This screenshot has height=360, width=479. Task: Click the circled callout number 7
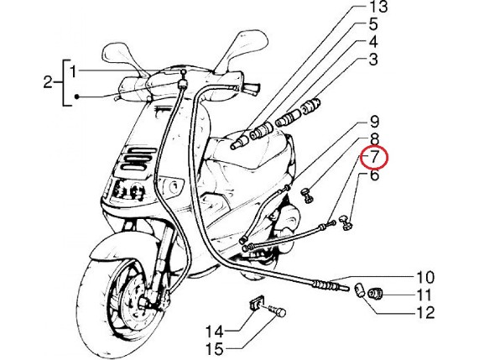tap(374, 158)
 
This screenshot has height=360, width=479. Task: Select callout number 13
tap(378, 7)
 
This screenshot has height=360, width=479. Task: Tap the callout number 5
tap(373, 24)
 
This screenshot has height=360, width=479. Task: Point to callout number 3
tap(373, 60)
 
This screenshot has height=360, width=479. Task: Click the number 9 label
tap(373, 122)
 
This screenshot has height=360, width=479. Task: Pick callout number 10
tap(425, 278)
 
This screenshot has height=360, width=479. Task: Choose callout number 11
tap(424, 295)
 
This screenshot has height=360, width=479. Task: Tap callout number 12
tap(425, 313)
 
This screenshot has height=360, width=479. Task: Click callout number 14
tap(215, 331)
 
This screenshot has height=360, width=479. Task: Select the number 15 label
tap(215, 349)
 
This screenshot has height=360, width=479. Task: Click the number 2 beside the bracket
tap(48, 82)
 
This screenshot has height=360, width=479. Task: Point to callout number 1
tap(73, 72)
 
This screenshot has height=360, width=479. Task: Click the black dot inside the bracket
tap(77, 97)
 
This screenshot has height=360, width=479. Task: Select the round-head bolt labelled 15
tap(278, 311)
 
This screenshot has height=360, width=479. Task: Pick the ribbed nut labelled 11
tap(375, 294)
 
